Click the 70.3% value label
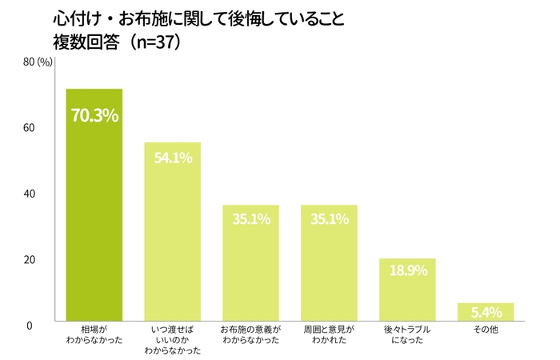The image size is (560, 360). point(94,116)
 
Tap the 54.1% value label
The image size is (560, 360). point(173,158)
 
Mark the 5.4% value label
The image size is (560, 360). point(486,312)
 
